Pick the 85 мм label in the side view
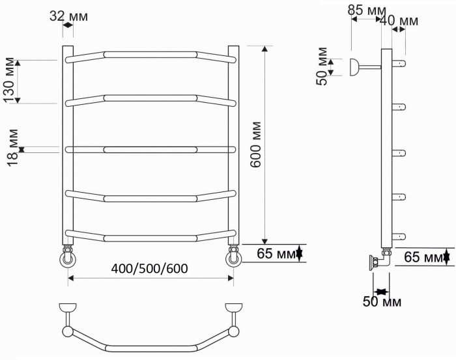[x=366, y=10]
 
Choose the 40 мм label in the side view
[x=399, y=21]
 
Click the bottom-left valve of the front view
[x=68, y=258]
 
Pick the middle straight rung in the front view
[x=150, y=150]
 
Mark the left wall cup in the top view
[x=67, y=307]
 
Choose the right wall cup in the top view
[x=233, y=307]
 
